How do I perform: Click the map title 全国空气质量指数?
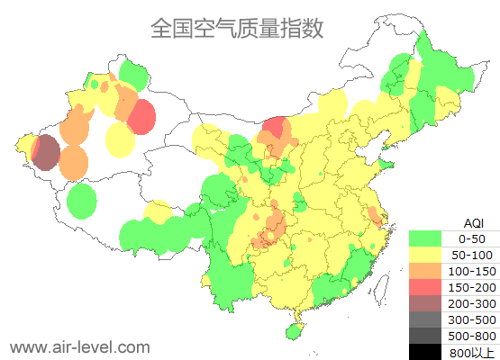tap(237, 28)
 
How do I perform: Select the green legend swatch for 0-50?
tap(425, 238)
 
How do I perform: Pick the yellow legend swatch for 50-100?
tap(425, 255)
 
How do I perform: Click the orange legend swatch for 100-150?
tap(425, 271)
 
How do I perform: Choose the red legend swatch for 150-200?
tap(425, 287)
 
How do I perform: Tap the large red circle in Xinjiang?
tap(141, 116)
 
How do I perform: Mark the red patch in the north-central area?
tap(278, 131)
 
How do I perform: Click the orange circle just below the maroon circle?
tap(74, 163)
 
